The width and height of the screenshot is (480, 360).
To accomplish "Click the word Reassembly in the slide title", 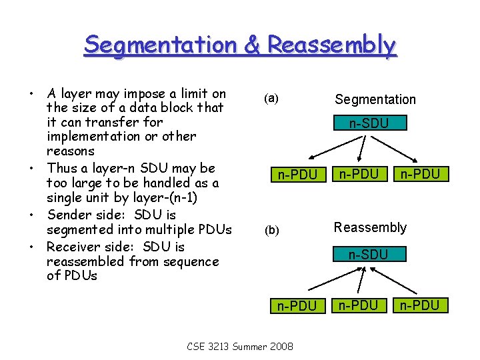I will click(331, 45).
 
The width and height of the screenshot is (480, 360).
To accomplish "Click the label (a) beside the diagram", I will click(271, 99).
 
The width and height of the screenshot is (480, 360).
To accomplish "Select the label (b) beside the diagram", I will click(271, 231).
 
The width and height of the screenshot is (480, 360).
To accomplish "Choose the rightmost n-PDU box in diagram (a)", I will click(420, 175).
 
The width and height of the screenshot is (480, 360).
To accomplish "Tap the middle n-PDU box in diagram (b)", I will click(359, 305).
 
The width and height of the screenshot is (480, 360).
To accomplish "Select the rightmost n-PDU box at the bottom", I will click(420, 305).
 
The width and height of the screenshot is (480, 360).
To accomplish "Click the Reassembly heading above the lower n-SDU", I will click(370, 228).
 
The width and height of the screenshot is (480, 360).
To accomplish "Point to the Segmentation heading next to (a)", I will click(375, 99).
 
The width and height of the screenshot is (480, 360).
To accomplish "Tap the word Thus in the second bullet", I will click(62, 168).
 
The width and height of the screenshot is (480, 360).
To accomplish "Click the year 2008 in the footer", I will click(280, 347).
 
